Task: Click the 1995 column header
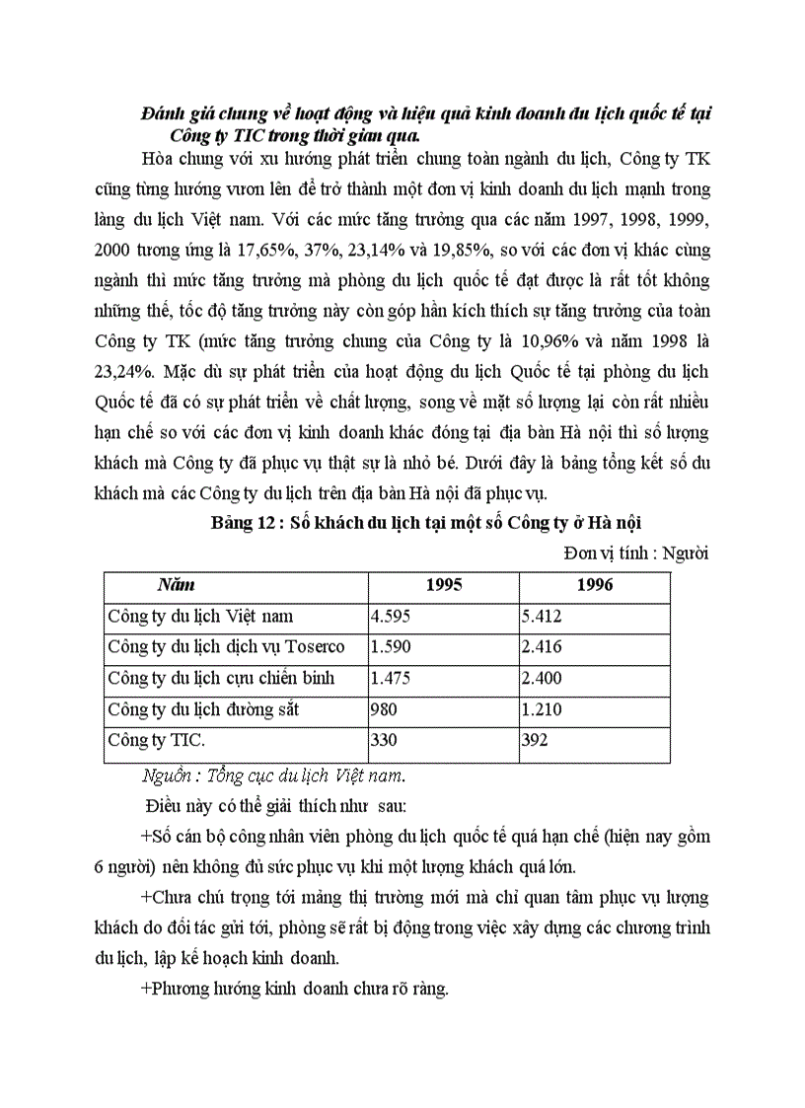(443, 585)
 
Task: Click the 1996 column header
(594, 585)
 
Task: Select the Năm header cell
(176, 585)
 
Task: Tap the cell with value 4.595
(390, 616)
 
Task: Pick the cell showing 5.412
(542, 616)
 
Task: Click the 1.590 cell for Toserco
(390, 646)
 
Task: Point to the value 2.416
(542, 646)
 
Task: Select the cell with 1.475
(390, 678)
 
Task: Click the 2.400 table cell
(542, 678)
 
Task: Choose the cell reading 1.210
(542, 708)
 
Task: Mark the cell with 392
(535, 740)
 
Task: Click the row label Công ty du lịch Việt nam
(200, 616)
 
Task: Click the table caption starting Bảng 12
(426, 524)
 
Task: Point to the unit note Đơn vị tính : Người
(636, 553)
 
